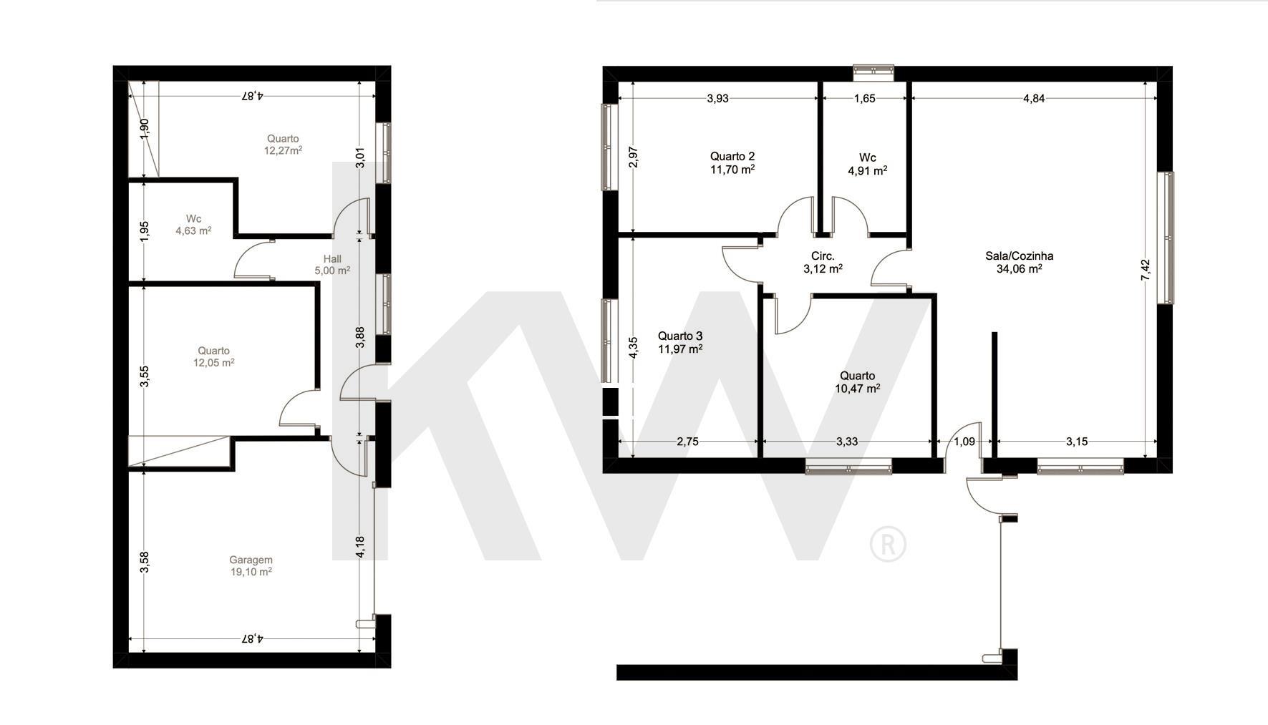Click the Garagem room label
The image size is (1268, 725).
(x=251, y=560)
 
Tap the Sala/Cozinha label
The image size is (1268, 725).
(x=1020, y=256)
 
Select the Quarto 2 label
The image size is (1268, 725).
(x=732, y=156)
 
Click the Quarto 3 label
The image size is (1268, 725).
(x=680, y=336)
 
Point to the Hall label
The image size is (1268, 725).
(x=332, y=258)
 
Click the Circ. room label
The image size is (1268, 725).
(x=823, y=256)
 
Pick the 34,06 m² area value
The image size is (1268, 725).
(x=1020, y=269)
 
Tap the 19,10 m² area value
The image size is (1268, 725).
(x=251, y=572)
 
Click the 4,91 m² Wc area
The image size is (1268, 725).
(x=868, y=170)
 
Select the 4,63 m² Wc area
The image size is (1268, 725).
(x=193, y=230)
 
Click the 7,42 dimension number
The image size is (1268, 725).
(x=1145, y=270)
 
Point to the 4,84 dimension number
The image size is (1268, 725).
(x=1033, y=99)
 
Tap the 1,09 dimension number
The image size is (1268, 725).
(x=965, y=442)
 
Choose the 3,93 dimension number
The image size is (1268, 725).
(x=717, y=99)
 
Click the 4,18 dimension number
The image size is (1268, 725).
(x=360, y=548)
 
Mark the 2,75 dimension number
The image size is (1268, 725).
(x=687, y=442)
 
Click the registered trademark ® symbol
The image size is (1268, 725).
(x=888, y=545)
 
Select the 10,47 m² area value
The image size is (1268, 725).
(x=858, y=389)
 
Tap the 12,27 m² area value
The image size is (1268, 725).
(x=283, y=150)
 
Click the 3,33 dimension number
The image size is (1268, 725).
(x=847, y=442)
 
